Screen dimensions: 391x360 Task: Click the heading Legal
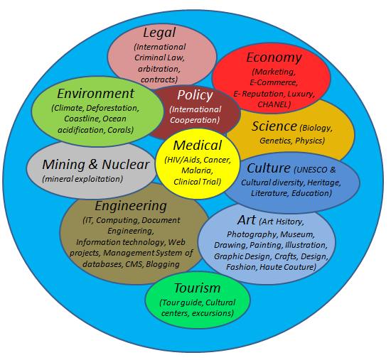pyautogui.click(x=159, y=33)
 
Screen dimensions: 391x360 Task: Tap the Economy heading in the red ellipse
pyautogui.click(x=274, y=58)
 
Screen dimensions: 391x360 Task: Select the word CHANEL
pyautogui.click(x=272, y=104)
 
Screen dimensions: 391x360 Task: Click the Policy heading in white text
pyautogui.click(x=195, y=95)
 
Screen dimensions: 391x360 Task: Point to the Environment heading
pyautogui.click(x=96, y=94)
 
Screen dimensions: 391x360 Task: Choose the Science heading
pyautogui.click(x=274, y=126)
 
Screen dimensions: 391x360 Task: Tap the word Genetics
pyautogui.click(x=276, y=141)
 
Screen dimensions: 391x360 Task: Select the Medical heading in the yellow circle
pyautogui.click(x=198, y=146)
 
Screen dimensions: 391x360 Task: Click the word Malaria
pyautogui.click(x=197, y=170)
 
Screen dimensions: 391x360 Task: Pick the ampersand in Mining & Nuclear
pyautogui.click(x=92, y=165)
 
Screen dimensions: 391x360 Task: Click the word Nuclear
pyautogui.click(x=125, y=165)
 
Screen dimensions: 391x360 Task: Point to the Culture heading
pyautogui.click(x=269, y=168)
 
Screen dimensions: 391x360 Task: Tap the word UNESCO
pyautogui.click(x=311, y=170)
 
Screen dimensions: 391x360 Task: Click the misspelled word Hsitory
pyautogui.click(x=290, y=222)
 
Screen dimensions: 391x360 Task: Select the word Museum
pyautogui.click(x=297, y=234)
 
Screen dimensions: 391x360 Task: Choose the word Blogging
pyautogui.click(x=163, y=264)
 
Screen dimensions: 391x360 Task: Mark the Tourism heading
pyautogui.click(x=197, y=288)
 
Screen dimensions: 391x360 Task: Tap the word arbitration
pyautogui.click(x=159, y=69)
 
